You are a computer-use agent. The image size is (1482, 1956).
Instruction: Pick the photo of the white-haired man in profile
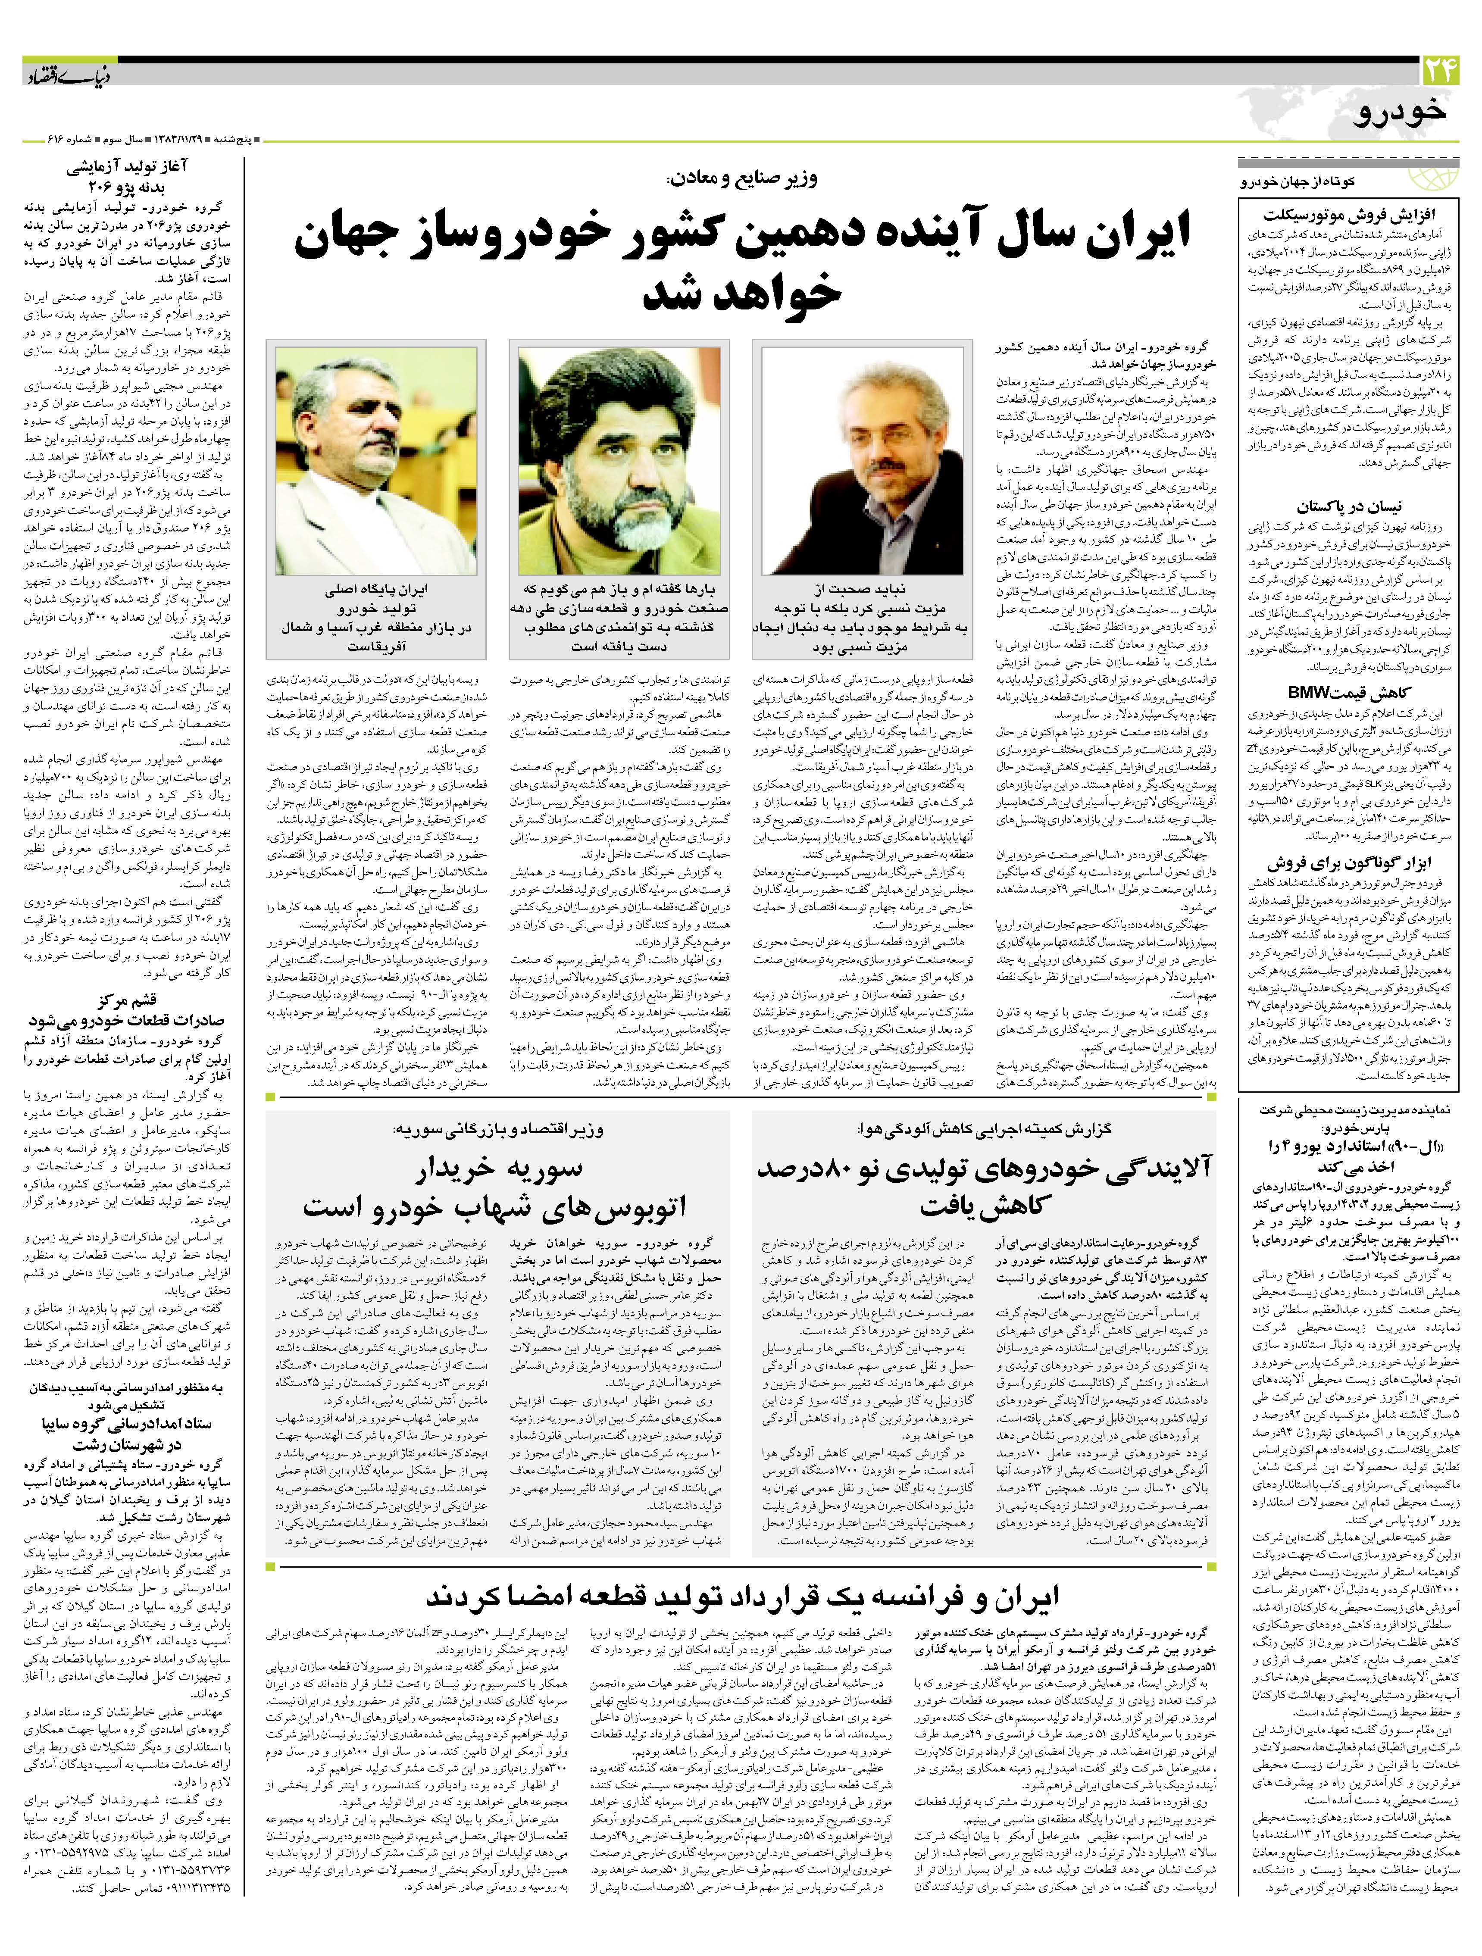coord(376,460)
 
